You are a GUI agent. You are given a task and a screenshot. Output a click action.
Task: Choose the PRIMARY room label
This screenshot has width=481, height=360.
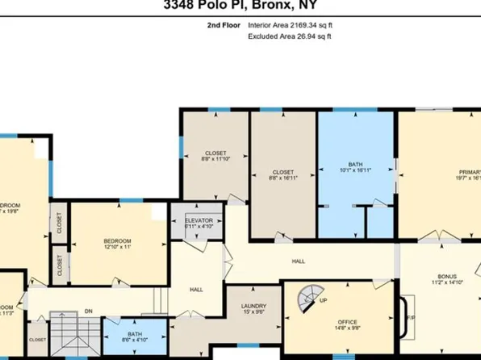(x=469, y=172)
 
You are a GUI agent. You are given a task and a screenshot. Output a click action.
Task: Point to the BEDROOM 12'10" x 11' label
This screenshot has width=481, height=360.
(x=117, y=241)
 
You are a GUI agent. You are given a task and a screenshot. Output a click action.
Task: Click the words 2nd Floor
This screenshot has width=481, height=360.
(x=224, y=26)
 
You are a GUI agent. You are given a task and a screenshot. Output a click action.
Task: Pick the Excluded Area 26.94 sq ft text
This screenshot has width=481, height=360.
(x=291, y=37)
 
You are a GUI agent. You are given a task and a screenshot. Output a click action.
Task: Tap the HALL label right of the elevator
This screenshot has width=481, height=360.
(x=298, y=262)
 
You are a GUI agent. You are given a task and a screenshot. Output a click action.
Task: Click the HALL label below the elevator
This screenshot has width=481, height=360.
(x=196, y=288)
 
